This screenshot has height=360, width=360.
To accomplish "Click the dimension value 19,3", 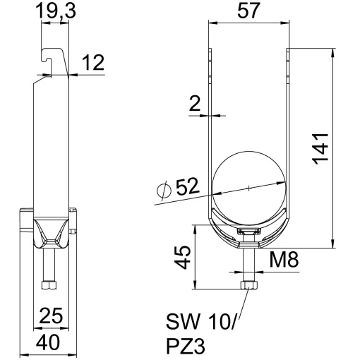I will coord(55,11).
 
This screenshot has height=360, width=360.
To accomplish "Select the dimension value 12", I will coord(92,63).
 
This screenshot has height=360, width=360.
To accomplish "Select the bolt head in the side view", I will coord(48,285).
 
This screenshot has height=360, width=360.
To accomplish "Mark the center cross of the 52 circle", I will coord(251,187).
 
